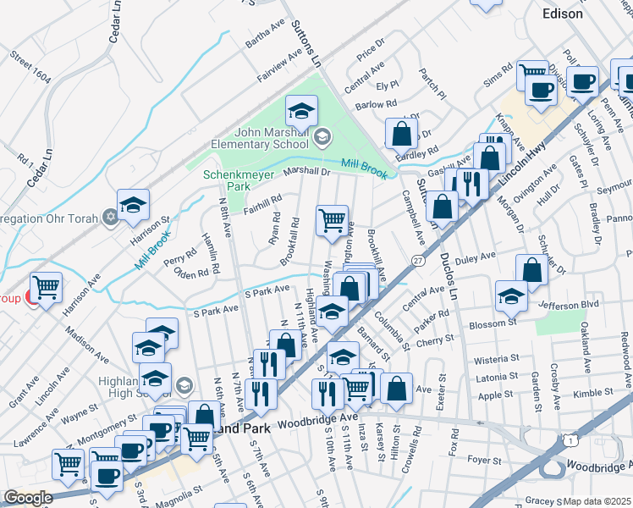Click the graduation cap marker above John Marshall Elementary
pos(300,110)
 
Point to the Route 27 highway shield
pos(417,259)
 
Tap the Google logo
pos(28,498)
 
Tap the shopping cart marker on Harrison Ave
pos(46,287)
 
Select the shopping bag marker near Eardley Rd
pos(401,132)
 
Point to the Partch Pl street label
pos(432,85)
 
